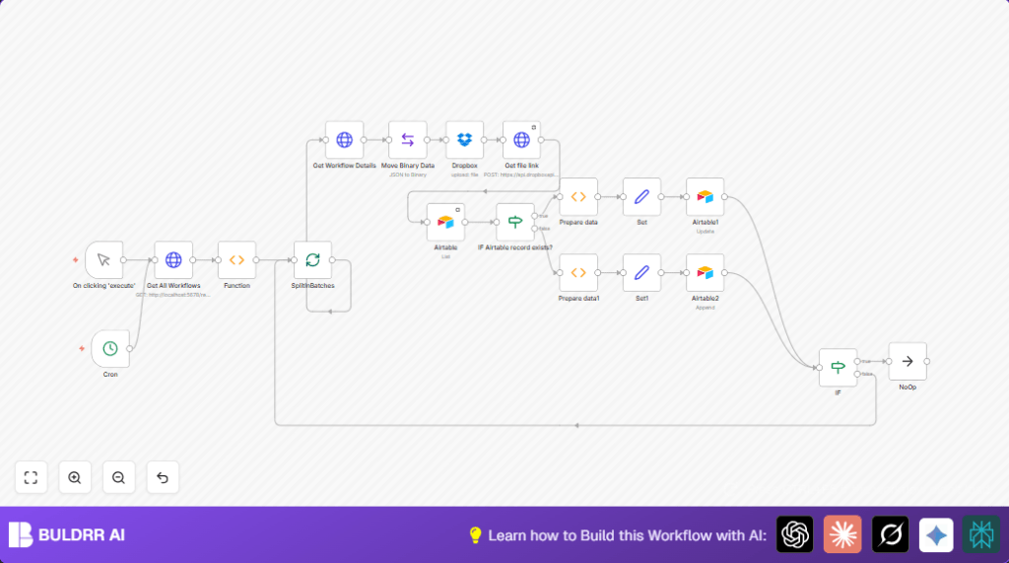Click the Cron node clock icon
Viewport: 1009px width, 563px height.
tap(110, 349)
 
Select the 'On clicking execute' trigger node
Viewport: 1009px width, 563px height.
tap(103, 260)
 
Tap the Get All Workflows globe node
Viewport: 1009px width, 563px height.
tap(173, 260)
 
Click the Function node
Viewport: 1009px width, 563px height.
tap(236, 260)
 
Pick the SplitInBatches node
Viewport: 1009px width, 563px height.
tap(312, 260)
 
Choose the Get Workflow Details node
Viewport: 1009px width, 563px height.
tap(344, 140)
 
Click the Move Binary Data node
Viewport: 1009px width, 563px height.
tap(407, 140)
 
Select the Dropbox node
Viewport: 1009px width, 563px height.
tap(464, 140)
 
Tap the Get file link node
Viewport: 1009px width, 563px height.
tap(521, 140)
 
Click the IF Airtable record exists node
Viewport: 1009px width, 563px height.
tap(514, 222)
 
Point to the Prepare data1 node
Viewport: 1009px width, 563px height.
tap(578, 272)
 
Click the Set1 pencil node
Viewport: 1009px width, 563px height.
tap(641, 272)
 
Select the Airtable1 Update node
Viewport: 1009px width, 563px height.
tap(705, 197)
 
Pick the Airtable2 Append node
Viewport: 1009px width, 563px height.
tap(705, 272)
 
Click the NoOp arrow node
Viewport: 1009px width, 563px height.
tap(907, 361)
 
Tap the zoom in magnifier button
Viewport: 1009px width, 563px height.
tap(75, 477)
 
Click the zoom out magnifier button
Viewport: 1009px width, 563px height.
tap(118, 477)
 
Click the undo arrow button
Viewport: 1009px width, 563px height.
tap(163, 477)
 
